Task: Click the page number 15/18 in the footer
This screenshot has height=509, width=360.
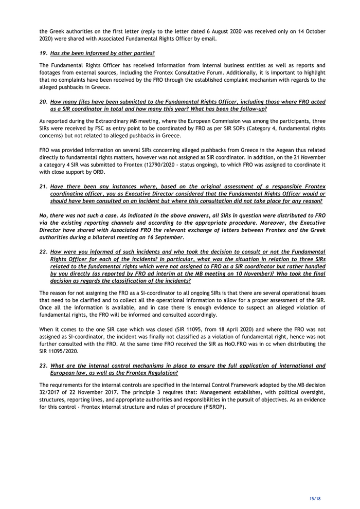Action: coord(315,498)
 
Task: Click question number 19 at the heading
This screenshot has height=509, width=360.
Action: coord(43,53)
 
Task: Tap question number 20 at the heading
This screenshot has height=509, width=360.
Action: coord(43,102)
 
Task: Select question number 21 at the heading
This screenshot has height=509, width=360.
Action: coord(43,186)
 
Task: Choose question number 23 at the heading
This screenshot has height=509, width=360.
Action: coord(43,366)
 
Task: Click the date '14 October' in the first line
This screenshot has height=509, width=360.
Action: coord(309,31)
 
